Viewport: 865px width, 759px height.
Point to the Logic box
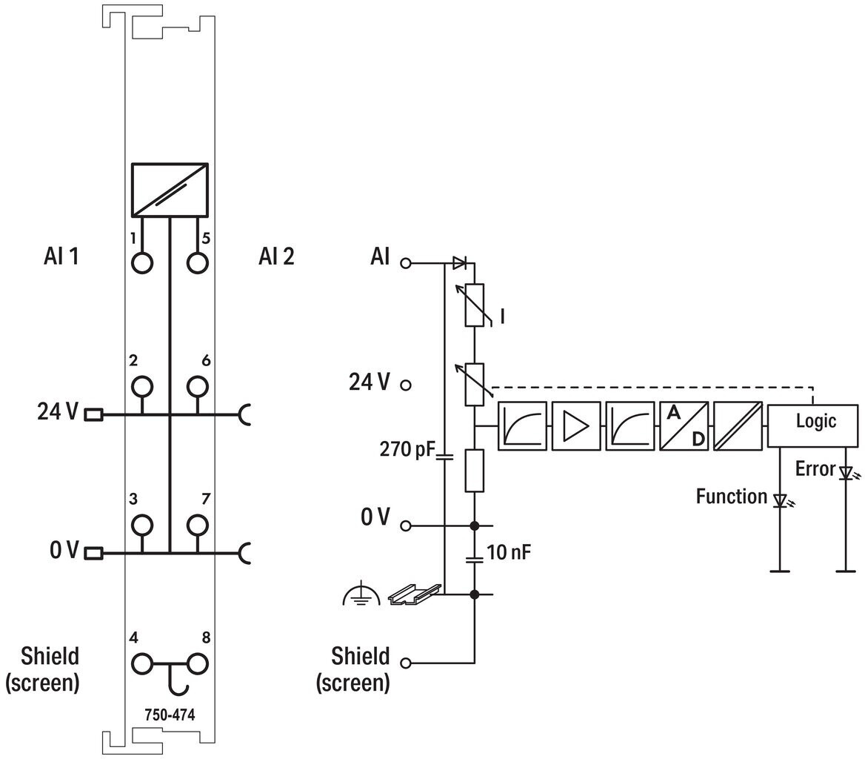(x=812, y=425)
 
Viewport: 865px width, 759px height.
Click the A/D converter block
(x=684, y=425)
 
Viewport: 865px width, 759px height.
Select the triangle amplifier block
(x=576, y=425)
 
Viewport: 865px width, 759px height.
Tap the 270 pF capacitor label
(x=407, y=449)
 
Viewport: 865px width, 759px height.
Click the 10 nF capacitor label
(x=509, y=552)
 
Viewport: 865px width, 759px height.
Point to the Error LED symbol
(x=846, y=473)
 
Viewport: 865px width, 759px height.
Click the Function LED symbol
(x=781, y=500)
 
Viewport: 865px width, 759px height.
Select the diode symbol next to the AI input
(x=459, y=263)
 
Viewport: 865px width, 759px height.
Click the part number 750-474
(x=170, y=715)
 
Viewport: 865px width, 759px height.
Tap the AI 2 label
(x=276, y=256)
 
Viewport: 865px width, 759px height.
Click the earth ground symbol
(x=361, y=594)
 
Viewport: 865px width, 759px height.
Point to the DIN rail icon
(x=415, y=594)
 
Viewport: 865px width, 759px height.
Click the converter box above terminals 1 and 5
(x=170, y=190)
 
